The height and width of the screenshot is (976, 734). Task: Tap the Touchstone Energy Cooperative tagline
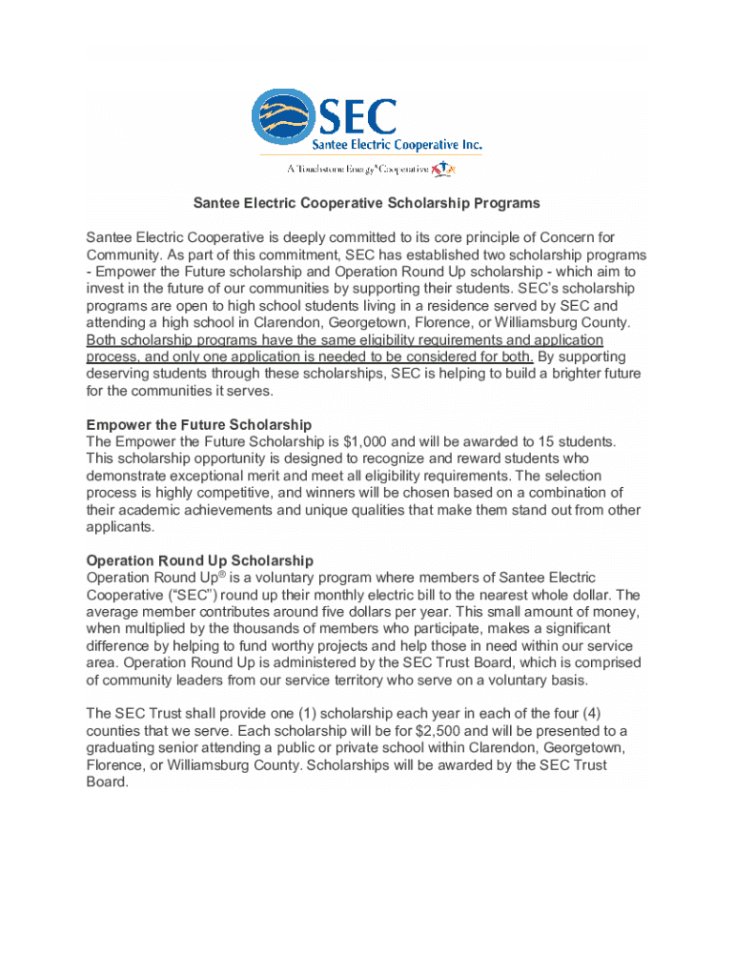[x=357, y=170]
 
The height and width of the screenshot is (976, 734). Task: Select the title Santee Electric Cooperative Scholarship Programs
[x=367, y=203]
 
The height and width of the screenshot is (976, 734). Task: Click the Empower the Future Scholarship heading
[x=199, y=424]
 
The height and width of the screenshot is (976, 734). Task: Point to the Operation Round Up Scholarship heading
[x=200, y=560]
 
